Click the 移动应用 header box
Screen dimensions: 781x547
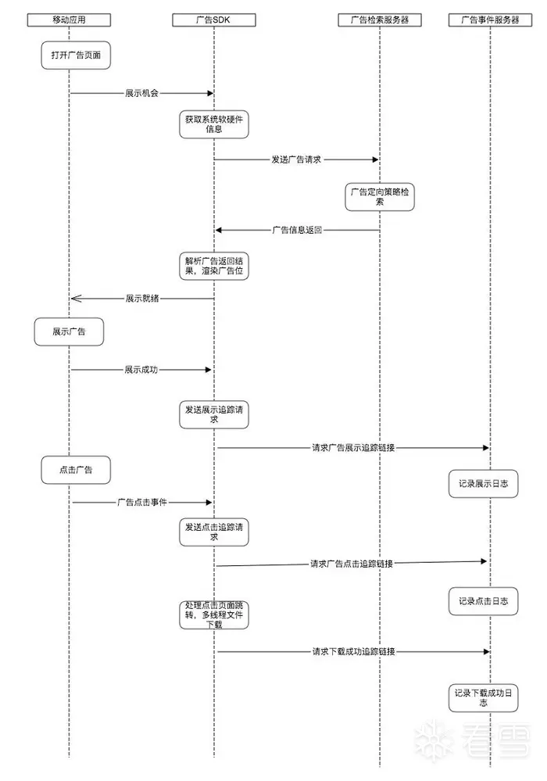[69, 20]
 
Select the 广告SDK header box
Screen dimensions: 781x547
[213, 20]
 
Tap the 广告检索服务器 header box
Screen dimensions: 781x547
[380, 20]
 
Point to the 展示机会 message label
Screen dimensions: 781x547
[141, 93]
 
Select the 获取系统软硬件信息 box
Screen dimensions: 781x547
[214, 124]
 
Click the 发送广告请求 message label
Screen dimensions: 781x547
[296, 159]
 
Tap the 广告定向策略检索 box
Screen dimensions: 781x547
[380, 196]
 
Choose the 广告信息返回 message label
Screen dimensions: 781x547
[297, 231]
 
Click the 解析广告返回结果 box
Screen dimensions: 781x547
[214, 265]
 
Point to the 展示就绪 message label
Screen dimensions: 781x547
[142, 299]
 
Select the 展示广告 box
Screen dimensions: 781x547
[69, 331]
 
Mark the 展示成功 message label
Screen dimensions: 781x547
[141, 369]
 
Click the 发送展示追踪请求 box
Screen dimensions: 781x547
[214, 414]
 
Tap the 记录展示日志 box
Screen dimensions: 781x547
[484, 485]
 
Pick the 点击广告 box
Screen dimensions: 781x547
[76, 470]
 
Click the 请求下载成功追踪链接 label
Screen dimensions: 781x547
[353, 651]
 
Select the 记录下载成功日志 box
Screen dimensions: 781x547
[483, 697]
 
